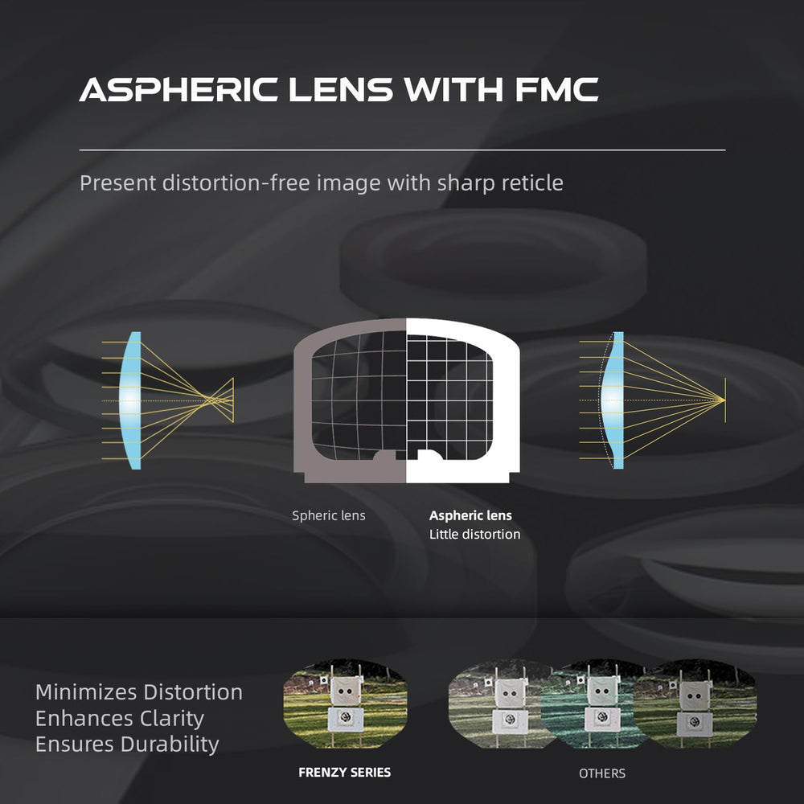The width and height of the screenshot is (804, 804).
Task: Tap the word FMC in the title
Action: (557, 90)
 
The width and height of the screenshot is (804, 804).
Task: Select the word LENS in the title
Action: (340, 90)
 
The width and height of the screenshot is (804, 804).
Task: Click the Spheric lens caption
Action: (329, 516)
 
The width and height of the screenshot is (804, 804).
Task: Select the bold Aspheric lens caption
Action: (470, 516)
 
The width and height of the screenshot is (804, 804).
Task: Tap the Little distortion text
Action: (475, 535)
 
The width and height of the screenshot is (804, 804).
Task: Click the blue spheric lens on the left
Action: (131, 400)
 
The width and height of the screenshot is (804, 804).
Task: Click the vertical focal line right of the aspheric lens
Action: (725, 400)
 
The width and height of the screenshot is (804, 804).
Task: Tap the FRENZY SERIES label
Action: (345, 772)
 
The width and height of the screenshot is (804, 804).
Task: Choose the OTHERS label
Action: (602, 773)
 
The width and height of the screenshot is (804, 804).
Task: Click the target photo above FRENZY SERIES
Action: (345, 703)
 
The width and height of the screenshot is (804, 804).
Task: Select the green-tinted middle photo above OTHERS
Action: (595, 703)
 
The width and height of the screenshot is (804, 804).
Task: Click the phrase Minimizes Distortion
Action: (139, 692)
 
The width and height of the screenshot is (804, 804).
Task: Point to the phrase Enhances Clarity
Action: (120, 718)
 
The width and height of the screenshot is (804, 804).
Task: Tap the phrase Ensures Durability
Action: (127, 744)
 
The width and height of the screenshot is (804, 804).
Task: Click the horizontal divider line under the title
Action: (403, 150)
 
